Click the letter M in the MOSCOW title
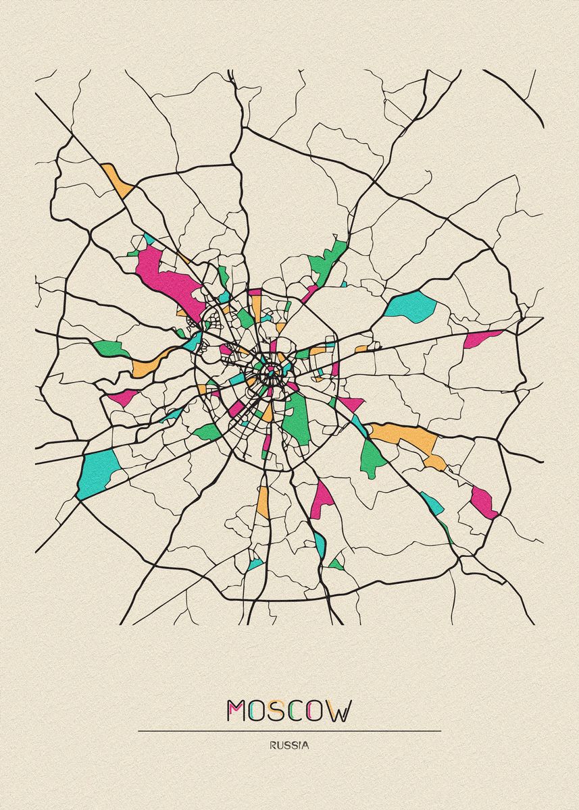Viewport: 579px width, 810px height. (x=236, y=711)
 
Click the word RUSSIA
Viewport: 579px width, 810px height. (x=288, y=746)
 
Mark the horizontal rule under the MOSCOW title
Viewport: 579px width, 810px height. (x=289, y=730)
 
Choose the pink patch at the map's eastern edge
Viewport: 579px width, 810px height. (x=480, y=337)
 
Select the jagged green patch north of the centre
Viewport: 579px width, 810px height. (x=329, y=259)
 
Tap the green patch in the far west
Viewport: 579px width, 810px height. (x=111, y=348)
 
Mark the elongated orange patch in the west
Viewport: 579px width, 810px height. (x=149, y=364)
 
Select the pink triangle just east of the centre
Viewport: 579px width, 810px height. (x=350, y=404)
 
